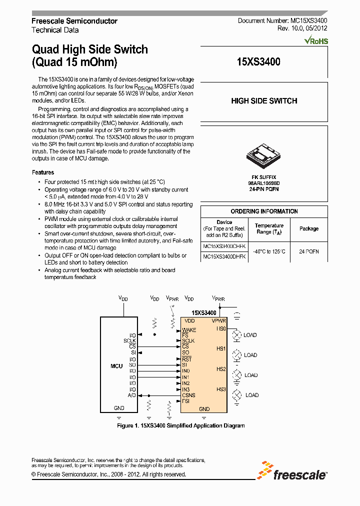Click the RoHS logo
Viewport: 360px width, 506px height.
point(316,40)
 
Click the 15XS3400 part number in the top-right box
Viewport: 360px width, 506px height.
point(258,62)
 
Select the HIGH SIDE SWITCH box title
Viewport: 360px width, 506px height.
point(264,101)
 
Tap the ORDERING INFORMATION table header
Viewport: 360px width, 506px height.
point(264,211)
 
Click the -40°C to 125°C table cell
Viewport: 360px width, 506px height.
point(268,251)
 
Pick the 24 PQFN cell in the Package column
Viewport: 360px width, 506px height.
point(308,251)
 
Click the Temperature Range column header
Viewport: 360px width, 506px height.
point(269,228)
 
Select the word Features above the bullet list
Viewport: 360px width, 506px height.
point(43,172)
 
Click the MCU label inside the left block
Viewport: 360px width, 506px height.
point(116,366)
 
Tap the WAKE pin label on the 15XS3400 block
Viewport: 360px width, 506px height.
point(189,330)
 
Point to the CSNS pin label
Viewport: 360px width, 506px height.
point(189,395)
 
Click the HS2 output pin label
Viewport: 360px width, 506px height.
point(221,369)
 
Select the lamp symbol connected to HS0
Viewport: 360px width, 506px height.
point(237,335)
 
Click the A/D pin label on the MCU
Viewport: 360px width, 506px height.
point(132,395)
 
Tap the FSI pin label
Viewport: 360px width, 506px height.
point(186,401)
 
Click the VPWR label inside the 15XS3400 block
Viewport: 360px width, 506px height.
point(219,320)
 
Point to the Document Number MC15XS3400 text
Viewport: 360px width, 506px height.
point(282,21)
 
